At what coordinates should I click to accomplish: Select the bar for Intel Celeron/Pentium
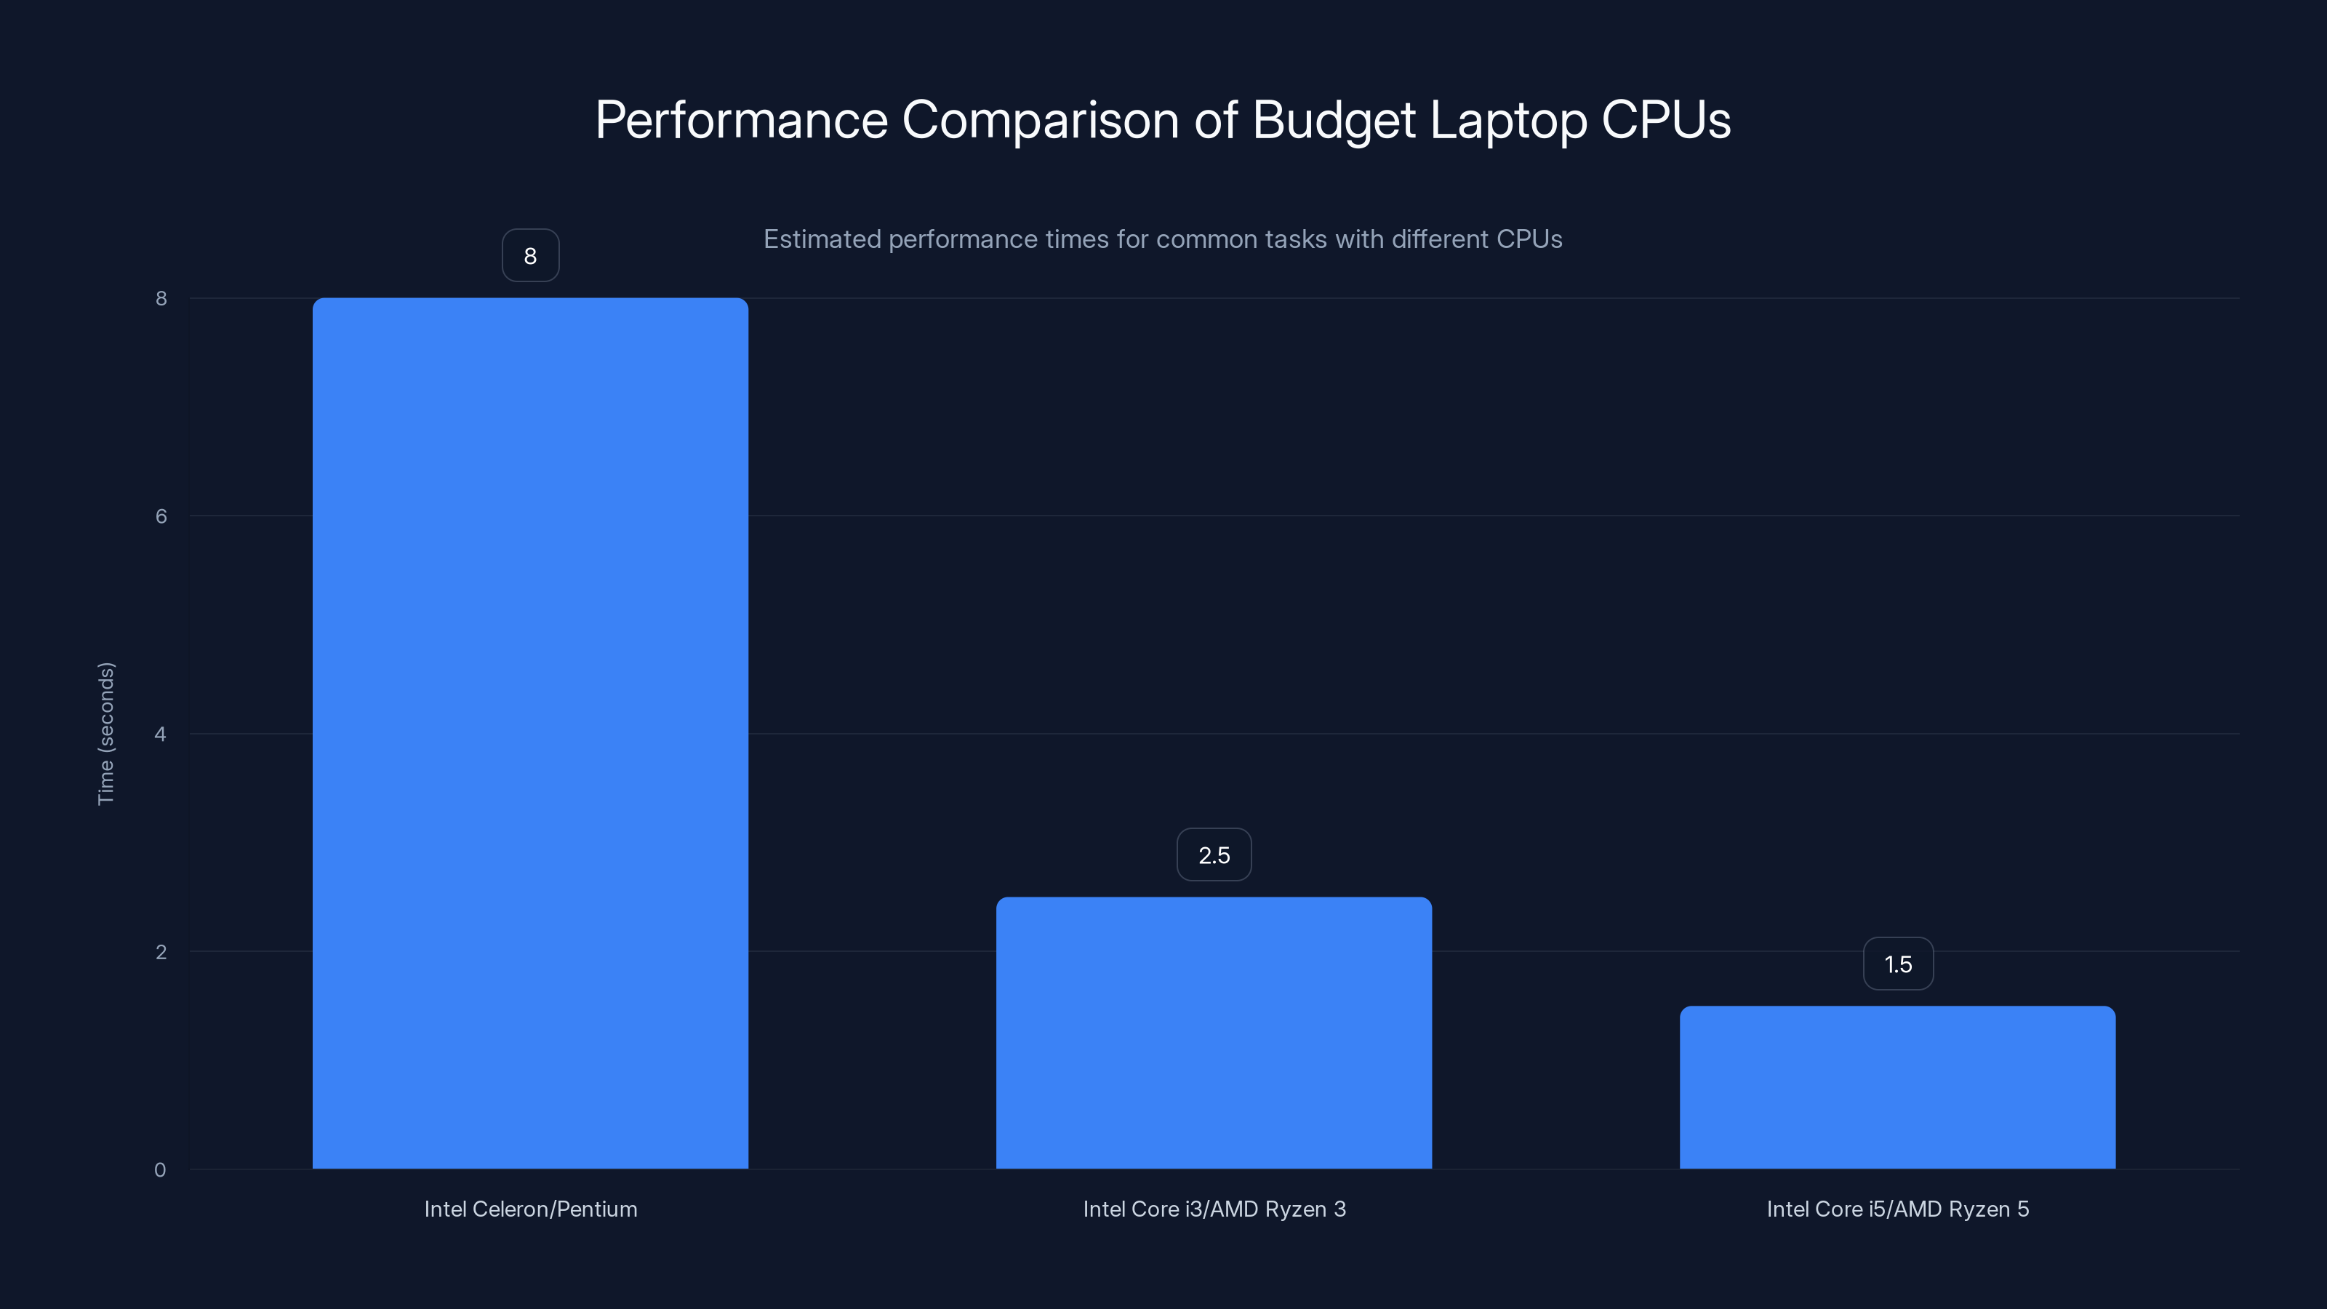click(530, 732)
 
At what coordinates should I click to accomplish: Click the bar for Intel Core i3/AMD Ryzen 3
click(1213, 1033)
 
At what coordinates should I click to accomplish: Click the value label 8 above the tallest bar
click(530, 256)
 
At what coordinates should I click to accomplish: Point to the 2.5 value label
click(1213, 854)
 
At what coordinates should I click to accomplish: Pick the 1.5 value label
click(1898, 964)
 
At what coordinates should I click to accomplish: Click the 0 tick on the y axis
click(160, 1170)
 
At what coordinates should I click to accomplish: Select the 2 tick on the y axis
click(161, 951)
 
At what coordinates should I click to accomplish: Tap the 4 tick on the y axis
click(160, 734)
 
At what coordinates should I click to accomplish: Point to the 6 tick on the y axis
click(161, 516)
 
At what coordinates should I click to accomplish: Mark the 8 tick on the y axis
click(161, 298)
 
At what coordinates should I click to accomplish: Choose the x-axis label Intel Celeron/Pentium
click(530, 1209)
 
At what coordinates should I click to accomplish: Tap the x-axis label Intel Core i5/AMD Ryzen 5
click(1897, 1209)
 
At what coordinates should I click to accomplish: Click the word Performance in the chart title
click(741, 120)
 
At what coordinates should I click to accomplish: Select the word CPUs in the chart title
click(1665, 120)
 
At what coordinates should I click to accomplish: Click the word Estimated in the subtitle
click(821, 239)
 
